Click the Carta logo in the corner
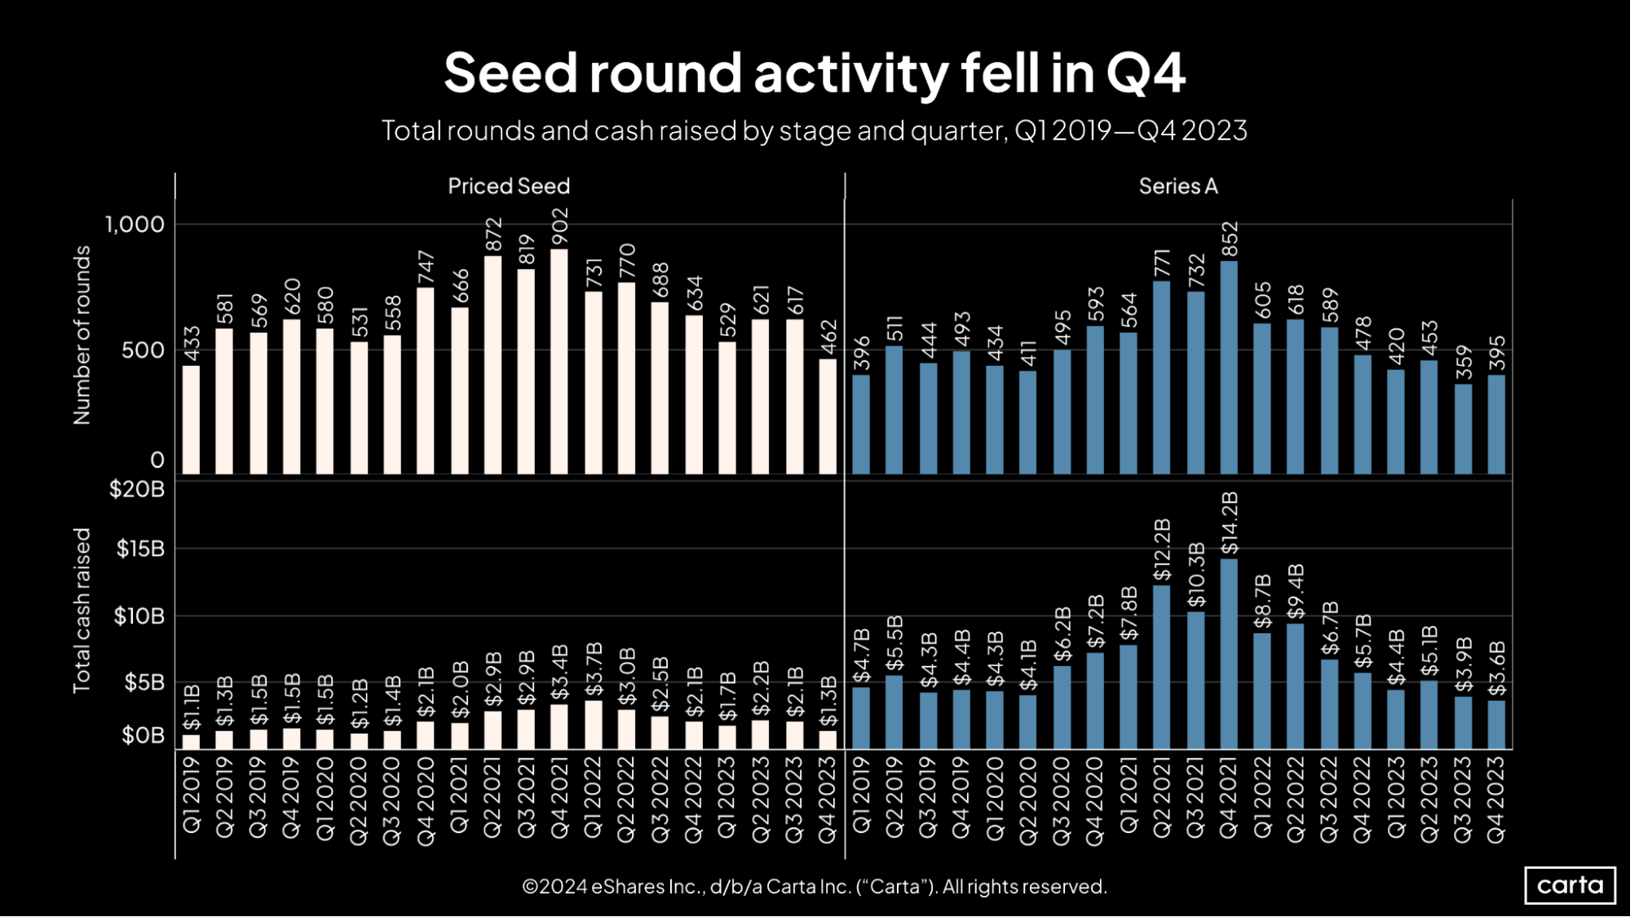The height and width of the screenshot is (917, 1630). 1570,885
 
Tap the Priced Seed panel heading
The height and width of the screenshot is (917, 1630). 509,186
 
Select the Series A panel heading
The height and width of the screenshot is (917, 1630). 1178,186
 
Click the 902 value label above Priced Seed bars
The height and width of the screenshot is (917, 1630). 559,226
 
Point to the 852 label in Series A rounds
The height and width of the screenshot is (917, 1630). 1230,239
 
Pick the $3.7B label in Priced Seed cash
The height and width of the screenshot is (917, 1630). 594,669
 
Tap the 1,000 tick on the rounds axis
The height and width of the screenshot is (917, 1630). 135,224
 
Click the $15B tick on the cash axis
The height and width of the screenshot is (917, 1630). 140,549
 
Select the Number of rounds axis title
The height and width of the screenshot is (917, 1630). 82,335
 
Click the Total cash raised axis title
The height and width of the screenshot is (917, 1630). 82,611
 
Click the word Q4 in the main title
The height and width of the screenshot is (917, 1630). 1145,73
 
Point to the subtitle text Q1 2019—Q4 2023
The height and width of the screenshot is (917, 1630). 1130,130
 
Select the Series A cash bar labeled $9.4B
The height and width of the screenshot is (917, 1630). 1296,686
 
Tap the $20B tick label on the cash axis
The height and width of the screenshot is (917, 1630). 137,489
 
